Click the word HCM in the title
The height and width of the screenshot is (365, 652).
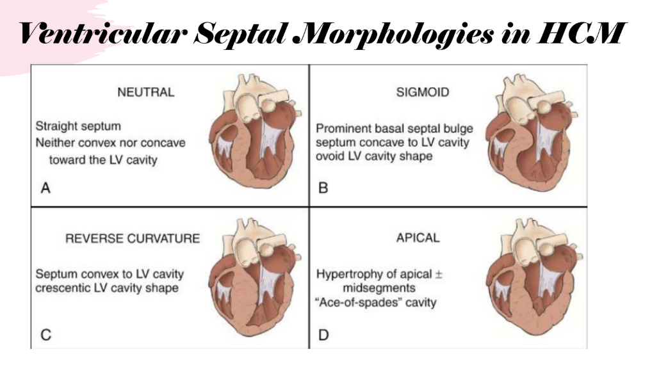click(x=580, y=33)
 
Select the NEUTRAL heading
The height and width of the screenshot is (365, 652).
click(x=146, y=92)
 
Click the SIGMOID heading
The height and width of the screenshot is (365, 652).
click(x=423, y=92)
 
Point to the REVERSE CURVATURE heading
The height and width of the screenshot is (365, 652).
click(x=133, y=238)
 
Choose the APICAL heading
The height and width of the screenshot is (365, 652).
click(x=418, y=238)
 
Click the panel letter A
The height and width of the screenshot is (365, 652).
click(x=45, y=188)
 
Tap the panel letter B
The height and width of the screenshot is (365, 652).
click(x=323, y=188)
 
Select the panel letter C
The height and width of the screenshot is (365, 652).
click(x=45, y=335)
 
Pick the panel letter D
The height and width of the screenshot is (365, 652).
click(x=323, y=335)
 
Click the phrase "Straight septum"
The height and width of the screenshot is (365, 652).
click(x=78, y=126)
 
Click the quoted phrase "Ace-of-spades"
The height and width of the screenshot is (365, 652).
click(x=358, y=302)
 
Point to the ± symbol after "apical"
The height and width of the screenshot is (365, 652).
click(x=438, y=274)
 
